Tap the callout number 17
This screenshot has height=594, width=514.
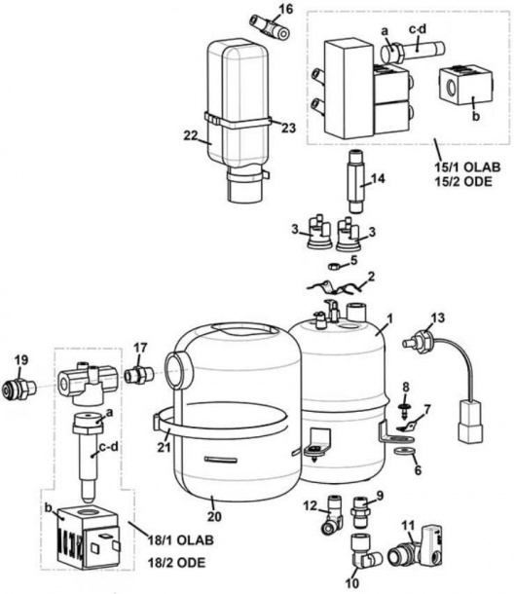click(141, 346)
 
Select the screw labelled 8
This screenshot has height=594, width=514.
click(403, 400)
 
